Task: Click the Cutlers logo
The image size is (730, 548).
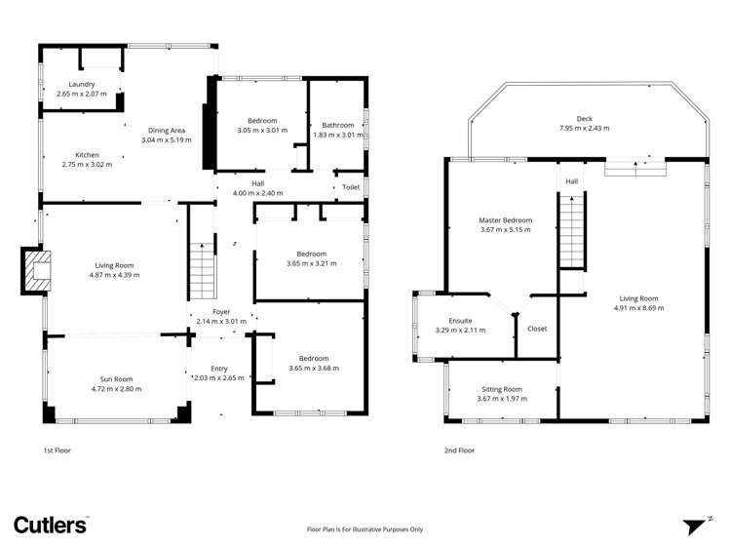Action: [51, 526]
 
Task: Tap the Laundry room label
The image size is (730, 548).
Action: [82, 84]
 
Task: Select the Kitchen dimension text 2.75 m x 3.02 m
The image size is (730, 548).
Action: [87, 165]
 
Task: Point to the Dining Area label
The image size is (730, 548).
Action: [167, 131]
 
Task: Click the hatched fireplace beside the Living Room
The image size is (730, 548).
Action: [36, 271]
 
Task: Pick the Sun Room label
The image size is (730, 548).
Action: [116, 379]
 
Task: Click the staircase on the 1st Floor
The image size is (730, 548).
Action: [203, 271]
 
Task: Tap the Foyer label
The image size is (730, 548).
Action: [221, 312]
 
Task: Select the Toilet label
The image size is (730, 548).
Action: [351, 187]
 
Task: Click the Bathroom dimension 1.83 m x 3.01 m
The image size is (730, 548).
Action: [338, 135]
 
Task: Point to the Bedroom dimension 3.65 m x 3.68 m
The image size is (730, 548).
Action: [314, 369]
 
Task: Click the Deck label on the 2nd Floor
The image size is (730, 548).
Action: [584, 119]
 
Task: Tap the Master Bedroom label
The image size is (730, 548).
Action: [505, 220]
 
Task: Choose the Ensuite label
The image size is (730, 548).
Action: [460, 321]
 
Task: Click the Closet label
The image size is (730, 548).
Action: [537, 329]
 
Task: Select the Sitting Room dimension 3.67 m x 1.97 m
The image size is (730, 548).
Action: [502, 399]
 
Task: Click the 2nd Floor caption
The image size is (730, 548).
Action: [459, 450]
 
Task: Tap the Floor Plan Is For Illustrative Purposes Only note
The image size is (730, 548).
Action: [365, 529]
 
